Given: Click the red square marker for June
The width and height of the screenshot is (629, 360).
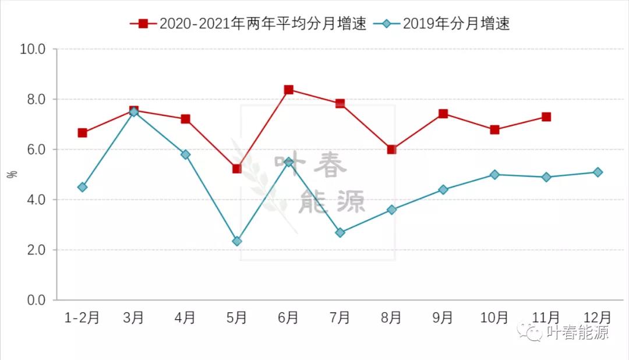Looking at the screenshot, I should click(x=288, y=90).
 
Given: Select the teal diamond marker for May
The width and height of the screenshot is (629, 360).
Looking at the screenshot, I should click(x=237, y=241).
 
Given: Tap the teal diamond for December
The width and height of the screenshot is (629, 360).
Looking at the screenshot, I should click(x=598, y=172).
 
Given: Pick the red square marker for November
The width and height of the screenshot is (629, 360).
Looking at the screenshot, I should click(x=546, y=117).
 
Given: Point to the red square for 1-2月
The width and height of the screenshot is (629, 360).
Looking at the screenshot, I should click(x=83, y=133).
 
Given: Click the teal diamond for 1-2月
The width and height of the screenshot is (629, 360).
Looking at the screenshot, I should click(x=83, y=187).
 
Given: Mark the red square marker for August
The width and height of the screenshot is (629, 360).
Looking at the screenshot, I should click(x=391, y=149).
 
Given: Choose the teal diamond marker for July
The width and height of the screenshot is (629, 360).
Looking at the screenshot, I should click(x=340, y=232).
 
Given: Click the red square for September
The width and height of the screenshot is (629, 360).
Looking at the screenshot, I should click(x=443, y=114).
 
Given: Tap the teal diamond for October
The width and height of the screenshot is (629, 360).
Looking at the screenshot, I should click(x=494, y=174).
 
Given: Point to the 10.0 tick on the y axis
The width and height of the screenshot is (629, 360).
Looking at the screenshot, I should click(x=33, y=49).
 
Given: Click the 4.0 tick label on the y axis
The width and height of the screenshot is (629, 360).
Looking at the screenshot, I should click(x=33, y=200).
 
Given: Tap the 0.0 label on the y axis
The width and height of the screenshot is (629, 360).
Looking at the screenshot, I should click(x=33, y=300).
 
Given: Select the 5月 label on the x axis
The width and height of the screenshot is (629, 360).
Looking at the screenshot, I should click(x=237, y=317).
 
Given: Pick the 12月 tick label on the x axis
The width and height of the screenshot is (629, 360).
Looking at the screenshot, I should click(x=598, y=317).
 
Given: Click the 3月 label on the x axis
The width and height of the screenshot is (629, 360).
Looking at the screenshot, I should click(x=134, y=317).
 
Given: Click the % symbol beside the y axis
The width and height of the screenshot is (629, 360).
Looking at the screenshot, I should click(x=12, y=174).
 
